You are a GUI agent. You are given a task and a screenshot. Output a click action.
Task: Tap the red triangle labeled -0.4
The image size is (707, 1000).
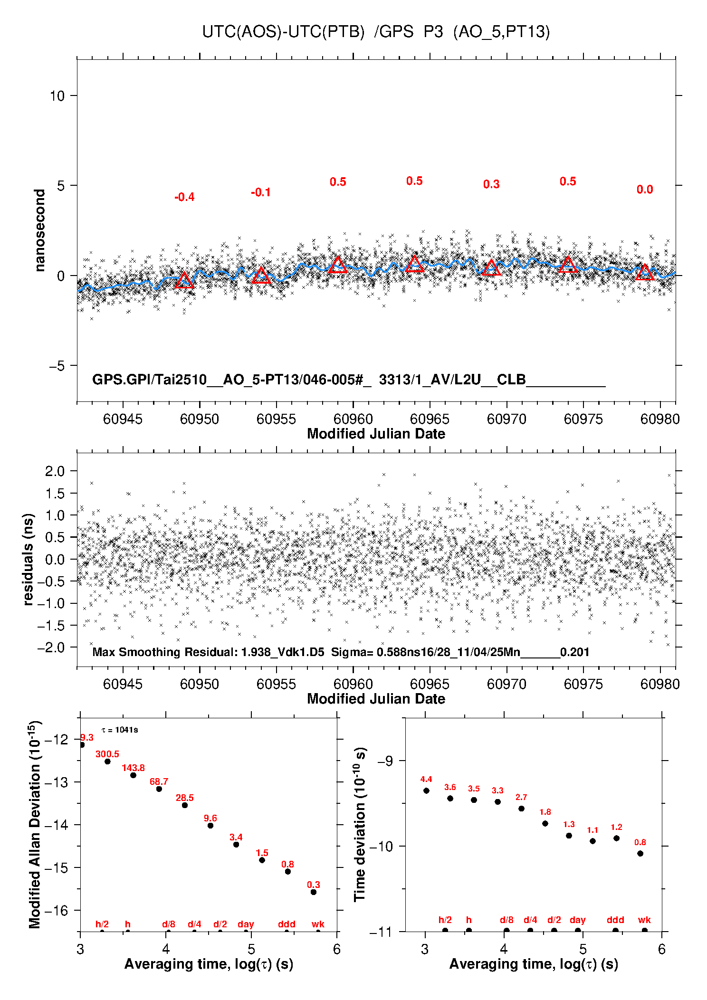184,281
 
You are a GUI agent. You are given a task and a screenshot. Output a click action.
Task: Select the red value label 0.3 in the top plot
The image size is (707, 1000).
491,184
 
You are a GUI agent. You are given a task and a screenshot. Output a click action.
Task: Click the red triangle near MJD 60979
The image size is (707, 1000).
645,273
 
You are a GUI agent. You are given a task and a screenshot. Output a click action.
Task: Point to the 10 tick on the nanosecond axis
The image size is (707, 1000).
57,96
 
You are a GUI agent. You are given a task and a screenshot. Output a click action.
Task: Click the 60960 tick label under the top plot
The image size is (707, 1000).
353,419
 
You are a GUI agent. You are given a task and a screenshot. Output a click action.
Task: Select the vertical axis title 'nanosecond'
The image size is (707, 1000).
40,230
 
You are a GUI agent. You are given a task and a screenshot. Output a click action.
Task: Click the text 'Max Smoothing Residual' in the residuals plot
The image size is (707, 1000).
164,652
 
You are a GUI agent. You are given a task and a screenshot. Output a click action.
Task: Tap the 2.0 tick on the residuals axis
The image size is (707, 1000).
55,471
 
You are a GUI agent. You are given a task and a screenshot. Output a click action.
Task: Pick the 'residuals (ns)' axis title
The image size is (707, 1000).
29,559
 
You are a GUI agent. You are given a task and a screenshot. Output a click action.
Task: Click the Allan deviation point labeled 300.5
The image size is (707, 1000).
107,762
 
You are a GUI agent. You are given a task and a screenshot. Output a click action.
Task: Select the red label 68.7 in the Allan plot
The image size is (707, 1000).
159,781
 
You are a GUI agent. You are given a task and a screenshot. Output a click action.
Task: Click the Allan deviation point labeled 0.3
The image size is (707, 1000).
314,892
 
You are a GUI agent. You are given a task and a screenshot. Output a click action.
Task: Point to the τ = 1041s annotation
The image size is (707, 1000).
120,730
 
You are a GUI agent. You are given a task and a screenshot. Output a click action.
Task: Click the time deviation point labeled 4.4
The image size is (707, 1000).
426,790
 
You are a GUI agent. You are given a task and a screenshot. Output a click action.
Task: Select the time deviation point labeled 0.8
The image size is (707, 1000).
640,853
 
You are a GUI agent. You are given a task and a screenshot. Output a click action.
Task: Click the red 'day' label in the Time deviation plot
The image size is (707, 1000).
577,920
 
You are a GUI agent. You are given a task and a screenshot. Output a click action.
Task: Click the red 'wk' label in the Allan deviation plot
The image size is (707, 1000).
318,924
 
